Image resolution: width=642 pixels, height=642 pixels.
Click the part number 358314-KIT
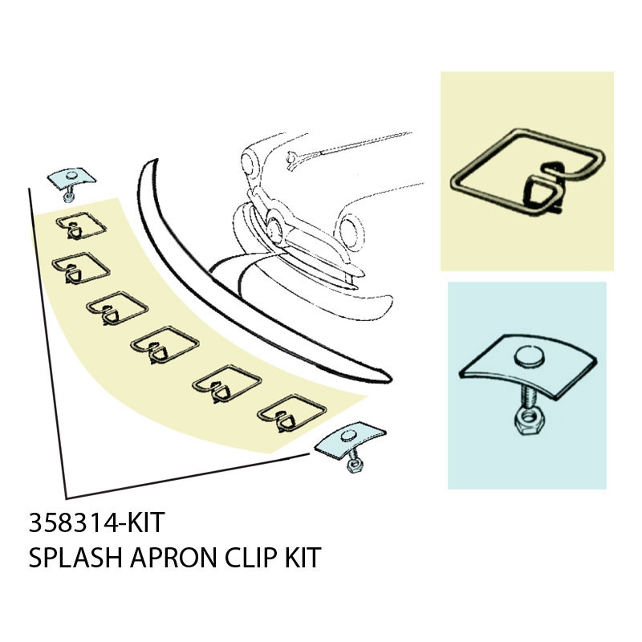click(x=96, y=522)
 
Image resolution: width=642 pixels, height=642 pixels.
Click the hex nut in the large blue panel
click(x=529, y=421)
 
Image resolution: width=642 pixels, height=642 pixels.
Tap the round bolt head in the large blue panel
click(x=528, y=357)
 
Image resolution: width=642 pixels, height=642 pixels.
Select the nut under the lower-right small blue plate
click(x=353, y=465)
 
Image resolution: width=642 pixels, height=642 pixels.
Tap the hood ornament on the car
click(x=293, y=158)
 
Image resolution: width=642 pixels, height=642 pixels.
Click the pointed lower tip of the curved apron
click(x=391, y=379)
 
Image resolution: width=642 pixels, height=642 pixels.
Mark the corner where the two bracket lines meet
click(x=67, y=498)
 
